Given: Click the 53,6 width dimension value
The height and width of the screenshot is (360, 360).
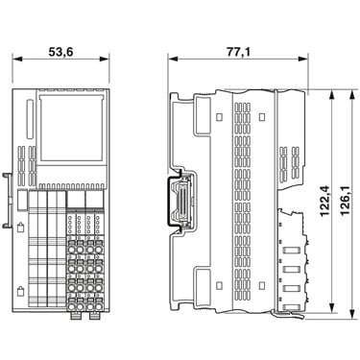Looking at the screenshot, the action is pos(60,52).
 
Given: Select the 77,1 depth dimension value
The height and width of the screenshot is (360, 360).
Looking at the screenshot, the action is pos(238,52).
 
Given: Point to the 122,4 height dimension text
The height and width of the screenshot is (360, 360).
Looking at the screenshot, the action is pos(324,201).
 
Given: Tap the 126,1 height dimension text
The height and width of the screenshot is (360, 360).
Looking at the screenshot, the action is pos(346,201).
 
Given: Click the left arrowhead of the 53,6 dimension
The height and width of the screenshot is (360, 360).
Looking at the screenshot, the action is pos(17,59).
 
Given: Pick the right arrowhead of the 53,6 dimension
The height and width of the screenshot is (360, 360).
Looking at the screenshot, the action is pos(105,59).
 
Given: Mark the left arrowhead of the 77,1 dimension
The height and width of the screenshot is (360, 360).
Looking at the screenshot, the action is pos(173,59).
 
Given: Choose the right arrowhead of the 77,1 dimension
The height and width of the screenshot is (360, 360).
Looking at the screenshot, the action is pos(303,59).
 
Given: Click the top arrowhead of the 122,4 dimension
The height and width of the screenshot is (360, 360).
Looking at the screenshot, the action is pos(332,94).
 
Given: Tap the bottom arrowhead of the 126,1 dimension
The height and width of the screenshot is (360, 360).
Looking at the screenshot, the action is pos(352,314).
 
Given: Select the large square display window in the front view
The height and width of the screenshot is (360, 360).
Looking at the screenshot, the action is pos(72,128).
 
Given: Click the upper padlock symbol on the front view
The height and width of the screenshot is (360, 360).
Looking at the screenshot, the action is pos(20,227).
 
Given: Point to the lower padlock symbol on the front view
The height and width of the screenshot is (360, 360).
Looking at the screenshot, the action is pos(20,291).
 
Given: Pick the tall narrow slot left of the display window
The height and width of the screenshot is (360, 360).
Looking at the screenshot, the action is pos(30,119).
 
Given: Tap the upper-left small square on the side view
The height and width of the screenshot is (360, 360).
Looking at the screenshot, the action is pos(219,116).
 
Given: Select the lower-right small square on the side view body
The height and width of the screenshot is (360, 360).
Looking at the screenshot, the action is pos(262,285).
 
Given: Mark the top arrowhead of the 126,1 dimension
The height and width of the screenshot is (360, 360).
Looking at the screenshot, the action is pos(352,94).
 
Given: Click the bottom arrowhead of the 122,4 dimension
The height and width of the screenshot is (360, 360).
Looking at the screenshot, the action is pos(332,308).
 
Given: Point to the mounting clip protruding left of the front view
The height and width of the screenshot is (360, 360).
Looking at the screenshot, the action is pos(8,201).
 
